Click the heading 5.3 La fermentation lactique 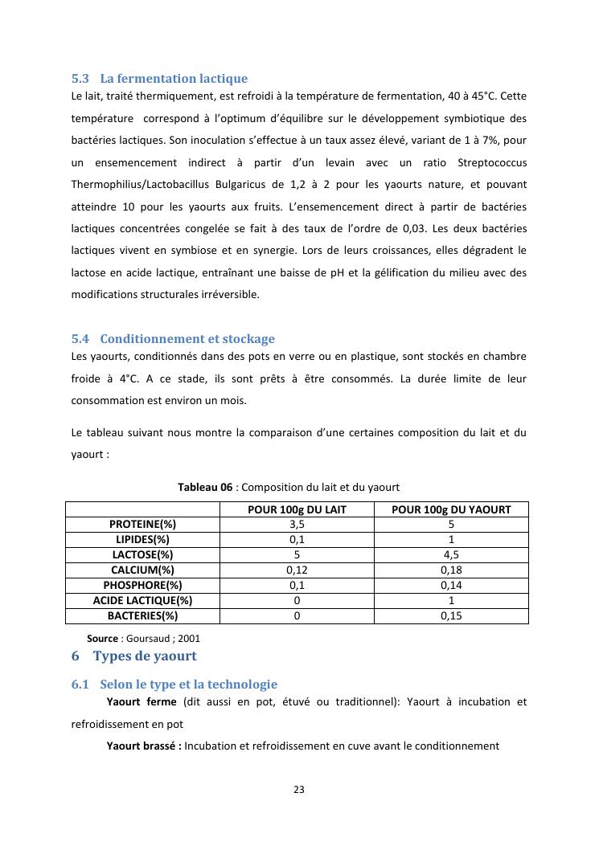(159, 79)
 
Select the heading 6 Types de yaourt (133, 656)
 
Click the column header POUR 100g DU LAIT (297, 509)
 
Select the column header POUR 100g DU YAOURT (451, 509)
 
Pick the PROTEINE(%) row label (142, 525)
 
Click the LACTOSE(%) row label (142, 555)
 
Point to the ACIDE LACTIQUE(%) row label (142, 601)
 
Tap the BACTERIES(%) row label (142, 616)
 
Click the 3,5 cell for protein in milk (297, 525)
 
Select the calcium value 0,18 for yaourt (451, 570)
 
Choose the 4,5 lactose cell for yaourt (451, 555)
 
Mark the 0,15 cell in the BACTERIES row (451, 616)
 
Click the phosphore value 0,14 (451, 586)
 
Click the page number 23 (299, 790)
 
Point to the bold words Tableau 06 (205, 488)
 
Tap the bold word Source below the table (102, 639)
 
